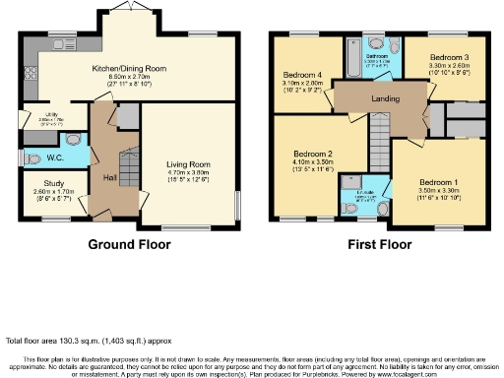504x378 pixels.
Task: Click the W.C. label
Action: tap(57, 158)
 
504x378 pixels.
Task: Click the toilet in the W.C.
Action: tap(32, 158)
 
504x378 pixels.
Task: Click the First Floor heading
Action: tap(379, 244)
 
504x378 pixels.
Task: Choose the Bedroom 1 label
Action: tap(438, 182)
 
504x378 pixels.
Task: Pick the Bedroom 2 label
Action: tap(311, 155)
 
